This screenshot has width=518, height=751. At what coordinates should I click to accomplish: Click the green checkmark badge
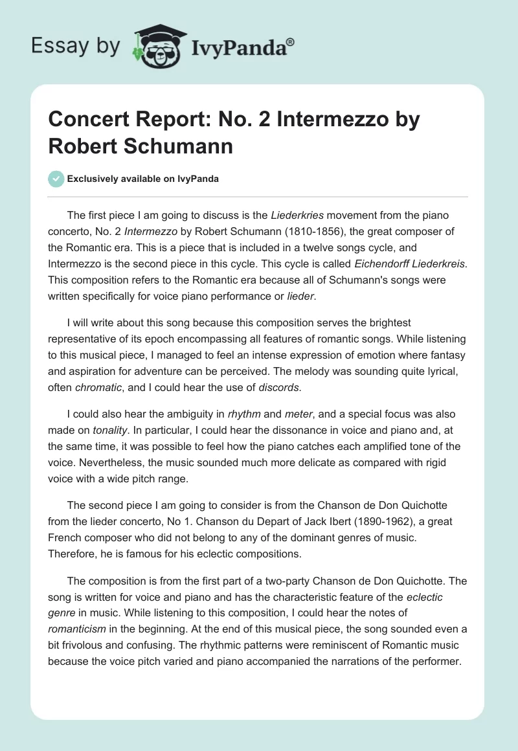click(x=56, y=179)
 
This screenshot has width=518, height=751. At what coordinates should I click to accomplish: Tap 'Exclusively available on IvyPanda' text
click(x=143, y=179)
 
